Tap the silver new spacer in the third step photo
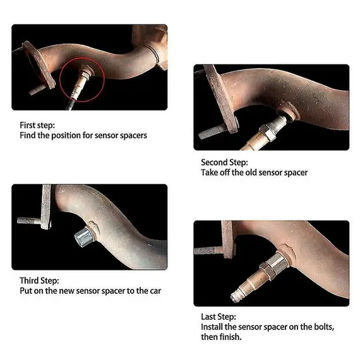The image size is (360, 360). [85, 236]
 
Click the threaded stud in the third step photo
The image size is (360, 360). [29, 221]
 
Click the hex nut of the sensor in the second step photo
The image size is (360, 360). [267, 133]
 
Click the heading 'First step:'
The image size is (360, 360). [37, 125]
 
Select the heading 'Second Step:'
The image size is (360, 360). [224, 162]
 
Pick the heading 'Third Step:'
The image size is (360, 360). [39, 280]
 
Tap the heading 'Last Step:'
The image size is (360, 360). [219, 316]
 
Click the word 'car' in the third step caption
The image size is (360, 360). [155, 291]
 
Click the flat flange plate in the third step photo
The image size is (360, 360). [46, 207]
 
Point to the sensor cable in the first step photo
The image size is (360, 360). [71, 104]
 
